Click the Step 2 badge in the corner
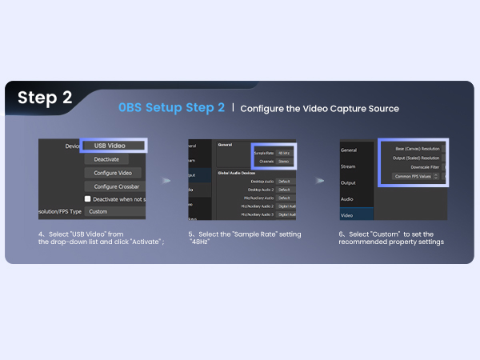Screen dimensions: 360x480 click(45, 98)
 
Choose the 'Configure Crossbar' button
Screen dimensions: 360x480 click(114, 186)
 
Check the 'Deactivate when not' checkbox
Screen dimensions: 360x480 click(88, 199)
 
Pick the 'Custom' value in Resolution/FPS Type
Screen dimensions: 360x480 click(112, 212)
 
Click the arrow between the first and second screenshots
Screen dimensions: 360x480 click(166, 181)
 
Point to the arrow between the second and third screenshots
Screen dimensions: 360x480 click(320, 181)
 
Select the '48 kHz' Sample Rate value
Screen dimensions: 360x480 click(284, 153)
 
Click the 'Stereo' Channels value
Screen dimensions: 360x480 click(284, 162)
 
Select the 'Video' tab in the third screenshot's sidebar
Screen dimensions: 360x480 click(347, 214)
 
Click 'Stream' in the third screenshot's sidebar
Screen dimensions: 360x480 click(349, 167)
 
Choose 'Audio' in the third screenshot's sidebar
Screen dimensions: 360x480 click(348, 198)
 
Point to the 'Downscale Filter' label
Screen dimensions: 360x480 click(423, 167)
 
